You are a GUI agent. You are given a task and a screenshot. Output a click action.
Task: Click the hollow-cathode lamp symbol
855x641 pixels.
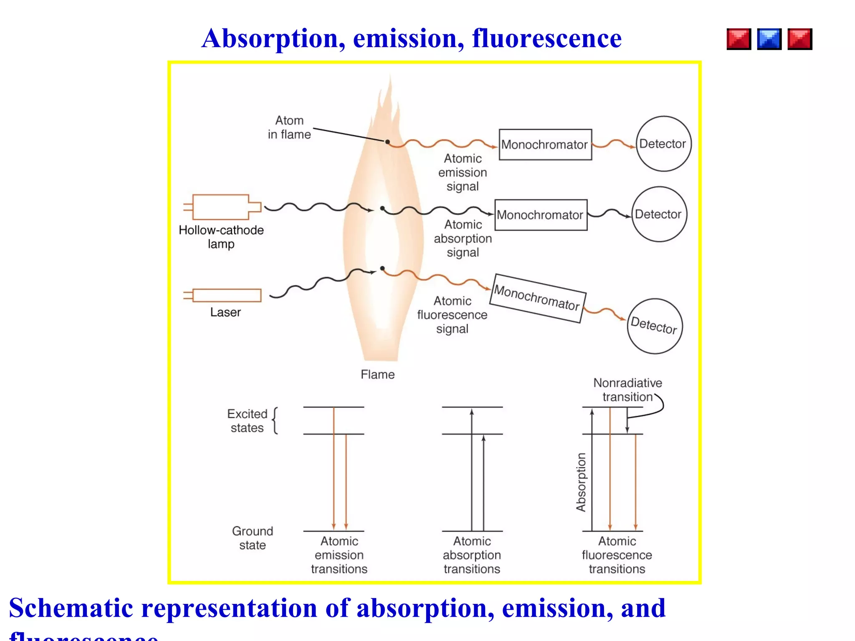click(221, 207)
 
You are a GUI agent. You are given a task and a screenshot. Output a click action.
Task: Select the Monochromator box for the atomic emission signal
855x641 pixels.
click(545, 144)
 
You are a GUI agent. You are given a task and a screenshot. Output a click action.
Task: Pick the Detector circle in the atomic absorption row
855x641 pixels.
click(659, 214)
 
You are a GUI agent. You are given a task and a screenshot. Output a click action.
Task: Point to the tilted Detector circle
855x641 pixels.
click(655, 326)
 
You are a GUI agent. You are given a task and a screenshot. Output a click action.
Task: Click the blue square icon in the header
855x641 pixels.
click(769, 39)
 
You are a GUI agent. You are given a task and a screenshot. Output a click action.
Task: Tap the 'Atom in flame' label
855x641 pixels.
click(289, 127)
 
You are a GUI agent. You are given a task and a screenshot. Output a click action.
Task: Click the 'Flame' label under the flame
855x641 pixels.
click(377, 374)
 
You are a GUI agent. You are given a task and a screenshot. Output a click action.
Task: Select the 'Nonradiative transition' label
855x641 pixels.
click(627, 389)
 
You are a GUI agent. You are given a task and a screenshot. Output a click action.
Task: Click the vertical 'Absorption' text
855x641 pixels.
click(581, 482)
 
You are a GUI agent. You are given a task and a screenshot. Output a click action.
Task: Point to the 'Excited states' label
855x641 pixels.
click(247, 421)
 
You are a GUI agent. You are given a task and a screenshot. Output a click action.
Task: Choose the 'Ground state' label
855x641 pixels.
click(253, 538)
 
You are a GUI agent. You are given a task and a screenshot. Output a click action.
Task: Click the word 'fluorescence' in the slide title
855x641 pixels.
click(546, 38)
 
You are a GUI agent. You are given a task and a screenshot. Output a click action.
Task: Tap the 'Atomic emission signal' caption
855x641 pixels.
click(463, 172)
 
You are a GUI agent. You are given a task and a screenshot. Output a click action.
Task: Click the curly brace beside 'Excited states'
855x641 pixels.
click(275, 421)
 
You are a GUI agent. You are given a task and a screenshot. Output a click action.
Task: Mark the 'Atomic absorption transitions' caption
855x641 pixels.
click(472, 555)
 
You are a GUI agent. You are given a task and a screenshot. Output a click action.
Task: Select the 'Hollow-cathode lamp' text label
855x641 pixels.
click(221, 237)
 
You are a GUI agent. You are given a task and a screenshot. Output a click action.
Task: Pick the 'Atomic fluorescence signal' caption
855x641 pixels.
click(452, 315)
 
